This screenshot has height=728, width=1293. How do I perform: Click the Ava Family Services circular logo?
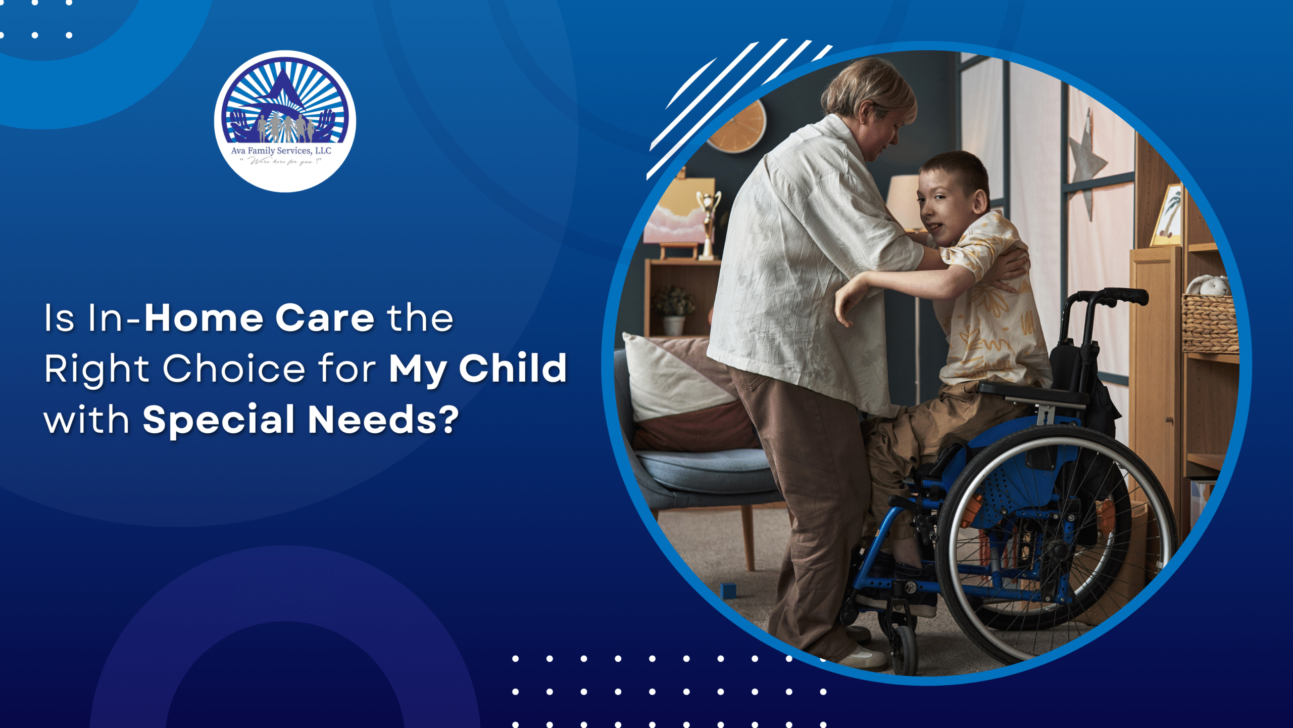click(285, 121)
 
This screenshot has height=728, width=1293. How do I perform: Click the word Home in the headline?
click(203, 318)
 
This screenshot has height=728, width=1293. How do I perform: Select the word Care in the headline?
click(324, 318)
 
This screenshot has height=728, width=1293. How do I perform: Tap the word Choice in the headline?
click(233, 369)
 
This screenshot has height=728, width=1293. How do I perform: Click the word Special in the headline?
click(218, 420)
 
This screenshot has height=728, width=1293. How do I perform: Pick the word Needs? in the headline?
click(383, 420)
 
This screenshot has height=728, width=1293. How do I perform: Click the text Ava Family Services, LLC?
click(281, 151)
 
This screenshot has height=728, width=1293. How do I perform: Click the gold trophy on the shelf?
click(708, 222)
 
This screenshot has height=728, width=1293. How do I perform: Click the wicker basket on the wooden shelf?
click(1210, 324)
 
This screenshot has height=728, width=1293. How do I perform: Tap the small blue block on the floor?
click(728, 590)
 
